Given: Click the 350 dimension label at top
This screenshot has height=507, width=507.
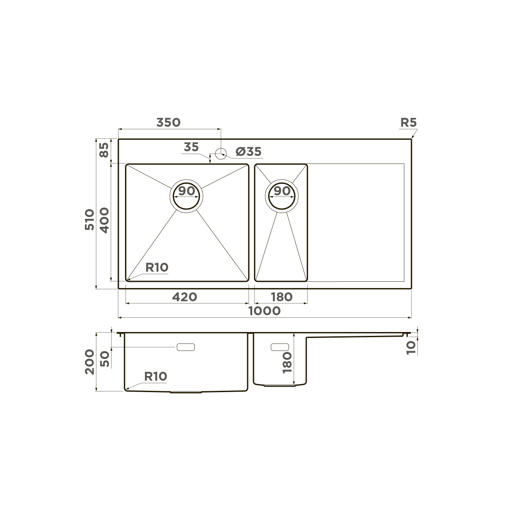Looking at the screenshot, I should click(x=168, y=123).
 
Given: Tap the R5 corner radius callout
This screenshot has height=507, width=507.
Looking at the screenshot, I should click(x=408, y=123).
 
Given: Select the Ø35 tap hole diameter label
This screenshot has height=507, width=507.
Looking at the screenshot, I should click(x=248, y=151).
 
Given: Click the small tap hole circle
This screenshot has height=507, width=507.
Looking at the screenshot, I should click(x=221, y=153).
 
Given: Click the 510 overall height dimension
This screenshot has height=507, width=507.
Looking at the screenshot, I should click(x=90, y=219).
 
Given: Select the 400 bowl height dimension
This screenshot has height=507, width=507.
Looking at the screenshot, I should click(x=104, y=219).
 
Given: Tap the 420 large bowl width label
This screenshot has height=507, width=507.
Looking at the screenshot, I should click(x=185, y=297).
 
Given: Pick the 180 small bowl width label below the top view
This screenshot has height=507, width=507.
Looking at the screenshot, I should click(x=281, y=297).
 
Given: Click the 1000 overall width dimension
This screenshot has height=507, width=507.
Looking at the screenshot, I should click(x=264, y=311).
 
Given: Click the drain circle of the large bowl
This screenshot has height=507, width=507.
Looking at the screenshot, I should click(x=186, y=197).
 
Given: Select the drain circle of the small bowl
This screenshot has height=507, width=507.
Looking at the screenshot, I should click(x=282, y=197).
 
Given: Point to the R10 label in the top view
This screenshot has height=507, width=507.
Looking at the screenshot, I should click(x=157, y=267).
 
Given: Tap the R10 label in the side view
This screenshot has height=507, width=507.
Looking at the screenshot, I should click(x=155, y=376).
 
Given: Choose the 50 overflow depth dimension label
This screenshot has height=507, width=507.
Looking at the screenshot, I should click(x=104, y=359).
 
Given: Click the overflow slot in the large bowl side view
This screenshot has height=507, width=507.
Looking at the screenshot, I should click(x=185, y=347).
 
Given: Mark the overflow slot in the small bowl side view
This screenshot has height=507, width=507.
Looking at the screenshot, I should click(x=279, y=347).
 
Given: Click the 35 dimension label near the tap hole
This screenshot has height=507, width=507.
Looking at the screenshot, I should click(x=191, y=147).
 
